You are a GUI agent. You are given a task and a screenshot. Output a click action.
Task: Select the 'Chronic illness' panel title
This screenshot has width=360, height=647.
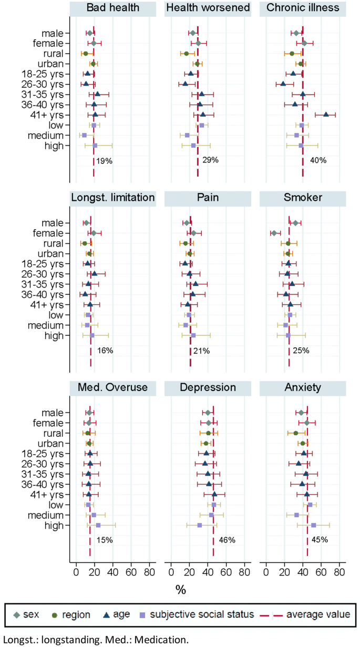[302, 8]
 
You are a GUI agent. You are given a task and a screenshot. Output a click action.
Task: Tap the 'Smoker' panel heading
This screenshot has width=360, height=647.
[302, 198]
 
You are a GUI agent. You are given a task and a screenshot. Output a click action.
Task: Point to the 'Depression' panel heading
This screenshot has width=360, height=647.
[208, 388]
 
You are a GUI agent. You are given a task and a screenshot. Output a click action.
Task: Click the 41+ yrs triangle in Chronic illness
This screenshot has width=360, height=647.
[326, 115]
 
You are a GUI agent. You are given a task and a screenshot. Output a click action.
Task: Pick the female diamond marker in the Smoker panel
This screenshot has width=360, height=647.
[274, 233]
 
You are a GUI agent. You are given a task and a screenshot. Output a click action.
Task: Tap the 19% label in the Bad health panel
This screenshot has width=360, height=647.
[105, 161]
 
